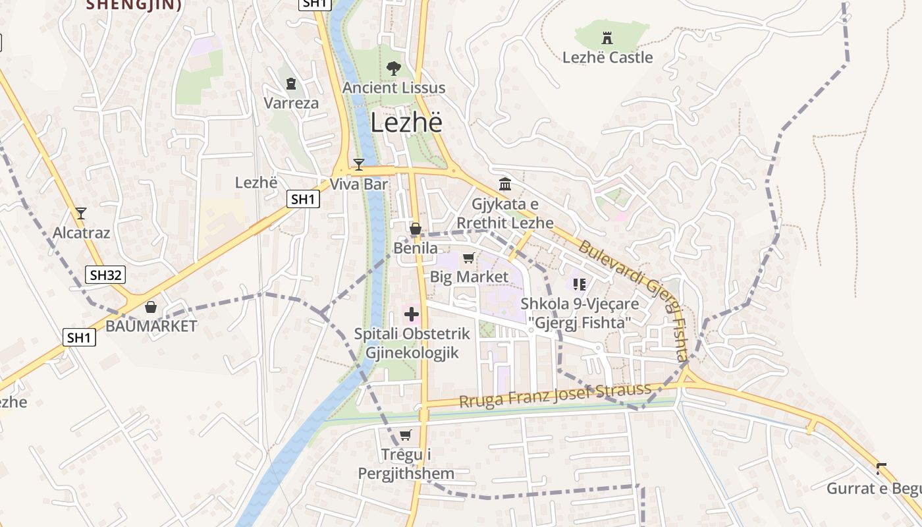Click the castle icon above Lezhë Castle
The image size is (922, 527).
point(607,38)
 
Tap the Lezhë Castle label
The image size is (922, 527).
point(607,57)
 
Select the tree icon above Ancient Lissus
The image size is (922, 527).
point(394,68)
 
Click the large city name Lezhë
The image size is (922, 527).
point(406,123)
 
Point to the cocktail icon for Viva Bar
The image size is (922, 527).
point(358,164)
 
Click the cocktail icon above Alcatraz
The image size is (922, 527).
point(81,213)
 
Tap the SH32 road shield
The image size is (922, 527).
point(105,275)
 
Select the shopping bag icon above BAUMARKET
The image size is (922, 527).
point(151,307)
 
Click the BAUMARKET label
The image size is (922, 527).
point(151,326)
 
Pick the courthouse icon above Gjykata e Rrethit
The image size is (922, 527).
point(505,184)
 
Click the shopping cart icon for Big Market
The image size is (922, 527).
point(469,258)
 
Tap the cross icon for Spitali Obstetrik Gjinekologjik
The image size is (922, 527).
point(412,314)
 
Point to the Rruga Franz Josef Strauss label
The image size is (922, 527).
point(555,396)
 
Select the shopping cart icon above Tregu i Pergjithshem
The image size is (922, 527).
point(406,435)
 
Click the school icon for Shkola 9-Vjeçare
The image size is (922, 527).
point(580,285)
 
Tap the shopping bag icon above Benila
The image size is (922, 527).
point(416,229)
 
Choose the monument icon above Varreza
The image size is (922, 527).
point(291,84)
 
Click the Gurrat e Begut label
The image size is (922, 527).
point(874,489)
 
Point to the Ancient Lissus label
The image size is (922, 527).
point(394,88)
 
